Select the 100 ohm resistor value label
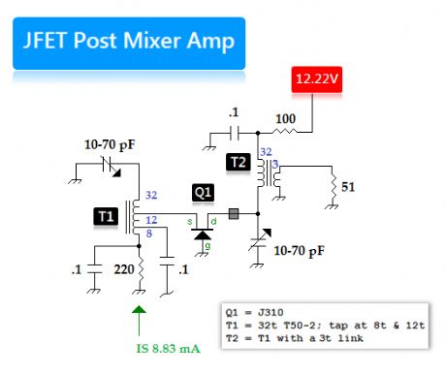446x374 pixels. (285, 117)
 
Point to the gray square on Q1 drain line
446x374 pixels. (233, 213)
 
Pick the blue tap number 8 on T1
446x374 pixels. (149, 234)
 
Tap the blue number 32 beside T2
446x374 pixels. (266, 152)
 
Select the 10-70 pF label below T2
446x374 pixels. (303, 250)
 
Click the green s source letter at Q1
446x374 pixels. (191, 222)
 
